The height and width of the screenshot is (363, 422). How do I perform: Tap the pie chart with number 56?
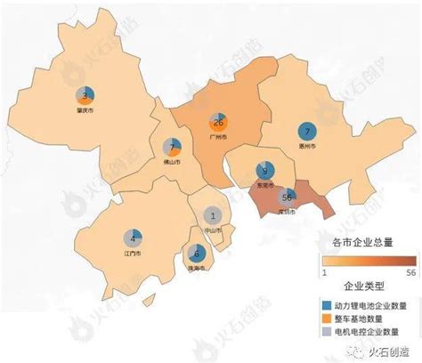click(x=287, y=198)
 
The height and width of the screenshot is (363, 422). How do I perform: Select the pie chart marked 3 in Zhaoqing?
click(x=85, y=96)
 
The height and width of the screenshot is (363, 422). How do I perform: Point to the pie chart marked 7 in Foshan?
click(x=174, y=147)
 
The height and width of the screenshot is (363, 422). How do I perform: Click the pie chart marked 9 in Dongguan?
click(x=264, y=171)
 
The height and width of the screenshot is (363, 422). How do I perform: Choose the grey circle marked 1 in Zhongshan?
click(x=213, y=214)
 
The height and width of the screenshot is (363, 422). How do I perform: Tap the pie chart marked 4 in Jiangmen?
click(x=134, y=238)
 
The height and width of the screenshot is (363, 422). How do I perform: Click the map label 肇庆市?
click(x=85, y=112)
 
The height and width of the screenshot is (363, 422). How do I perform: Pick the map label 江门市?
click(x=134, y=254)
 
